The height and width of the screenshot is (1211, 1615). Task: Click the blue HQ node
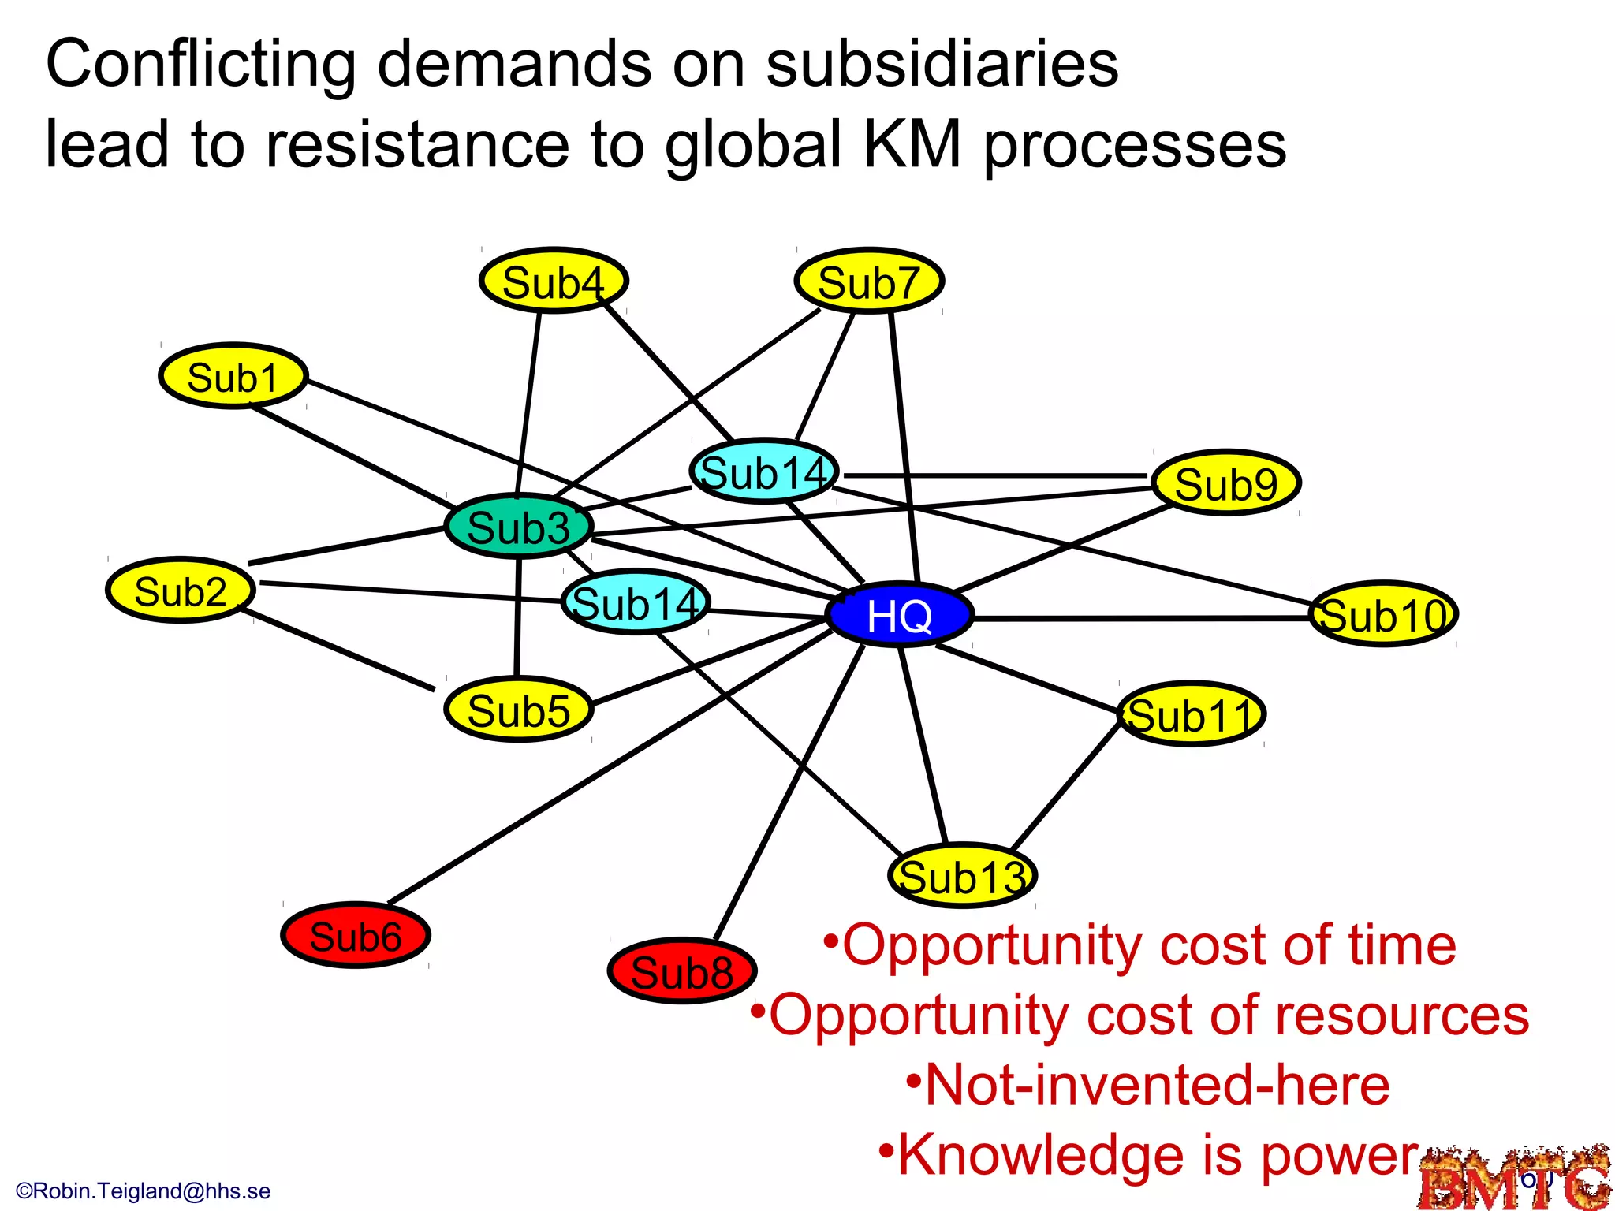click(x=899, y=615)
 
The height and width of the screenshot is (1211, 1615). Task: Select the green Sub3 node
click(x=518, y=527)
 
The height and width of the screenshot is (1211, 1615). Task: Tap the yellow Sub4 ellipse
click(x=554, y=281)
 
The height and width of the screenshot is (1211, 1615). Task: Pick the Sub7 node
click(x=869, y=281)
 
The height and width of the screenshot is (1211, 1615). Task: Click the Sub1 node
click(x=233, y=376)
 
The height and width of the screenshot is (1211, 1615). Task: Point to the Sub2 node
click(x=181, y=591)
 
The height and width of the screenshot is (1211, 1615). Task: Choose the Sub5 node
click(x=518, y=710)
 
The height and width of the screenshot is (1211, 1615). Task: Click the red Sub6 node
click(x=356, y=936)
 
